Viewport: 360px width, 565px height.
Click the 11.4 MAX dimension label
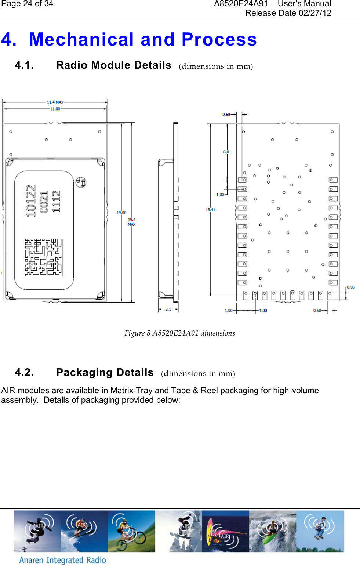55,102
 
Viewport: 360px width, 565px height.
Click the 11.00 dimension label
55,109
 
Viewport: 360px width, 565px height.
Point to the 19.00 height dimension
121,213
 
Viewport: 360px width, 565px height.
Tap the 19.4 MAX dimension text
132,222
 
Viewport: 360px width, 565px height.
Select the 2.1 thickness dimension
168,309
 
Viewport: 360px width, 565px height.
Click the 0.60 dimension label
226,115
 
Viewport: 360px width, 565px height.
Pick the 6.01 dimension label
227,152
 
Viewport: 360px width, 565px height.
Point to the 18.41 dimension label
210,210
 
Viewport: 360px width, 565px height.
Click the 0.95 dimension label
351,287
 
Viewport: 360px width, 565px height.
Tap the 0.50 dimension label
317,311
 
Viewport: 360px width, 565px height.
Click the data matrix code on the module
44,257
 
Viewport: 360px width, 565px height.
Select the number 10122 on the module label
31,201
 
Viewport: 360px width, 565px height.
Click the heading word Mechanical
81,40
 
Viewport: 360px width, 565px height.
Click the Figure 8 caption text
180,333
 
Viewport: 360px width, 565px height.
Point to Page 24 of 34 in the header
27,4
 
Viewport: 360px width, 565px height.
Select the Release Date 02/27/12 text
288,13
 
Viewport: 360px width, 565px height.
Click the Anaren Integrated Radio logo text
62,560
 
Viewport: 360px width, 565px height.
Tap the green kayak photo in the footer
272,531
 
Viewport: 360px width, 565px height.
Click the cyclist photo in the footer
131,531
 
